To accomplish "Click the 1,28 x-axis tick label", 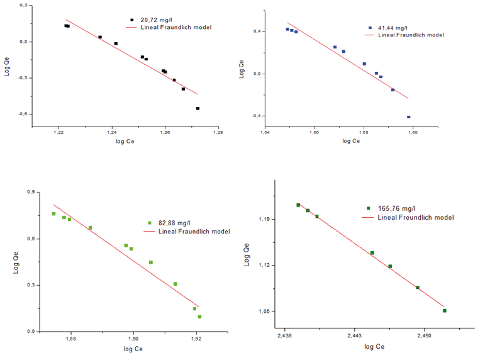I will [218, 133].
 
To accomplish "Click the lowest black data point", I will [198, 108].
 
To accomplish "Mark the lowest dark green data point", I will [444, 310].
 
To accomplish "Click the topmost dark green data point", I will [298, 205].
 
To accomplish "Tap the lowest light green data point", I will [199, 317].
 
